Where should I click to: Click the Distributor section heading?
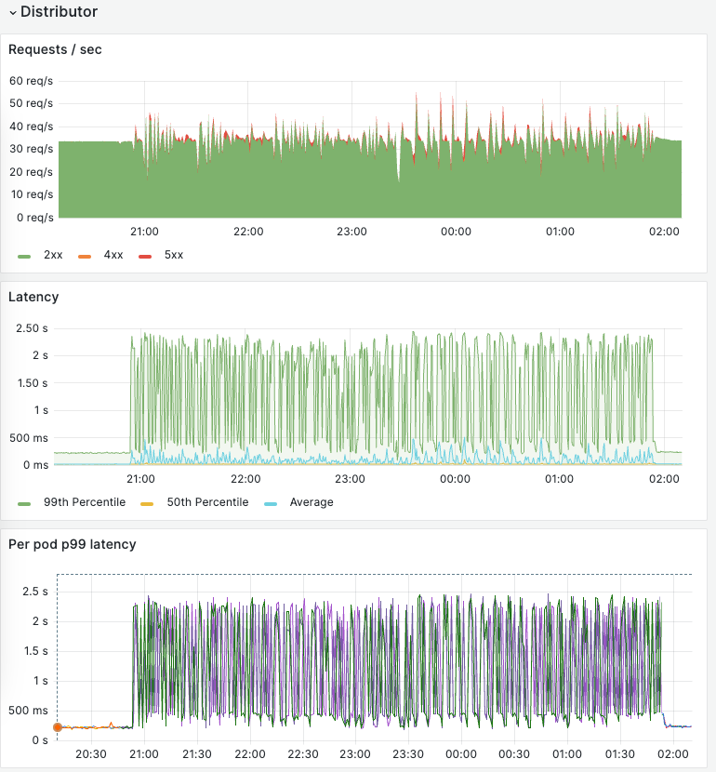[x=59, y=12]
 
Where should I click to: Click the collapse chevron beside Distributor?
[x=12, y=13]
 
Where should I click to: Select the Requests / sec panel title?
[x=55, y=49]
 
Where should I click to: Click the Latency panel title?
[x=33, y=297]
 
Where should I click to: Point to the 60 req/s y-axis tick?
[x=31, y=81]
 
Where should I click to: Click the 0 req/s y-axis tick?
[x=33, y=218]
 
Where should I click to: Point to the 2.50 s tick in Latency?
[x=31, y=328]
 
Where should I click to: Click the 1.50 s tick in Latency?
[x=31, y=383]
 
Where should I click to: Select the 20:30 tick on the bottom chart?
[x=90, y=754]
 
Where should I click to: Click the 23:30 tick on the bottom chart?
[x=408, y=754]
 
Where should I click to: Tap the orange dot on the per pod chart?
[x=57, y=727]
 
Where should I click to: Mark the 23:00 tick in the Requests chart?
[x=351, y=232]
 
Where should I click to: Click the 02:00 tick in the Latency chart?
[x=664, y=479]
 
